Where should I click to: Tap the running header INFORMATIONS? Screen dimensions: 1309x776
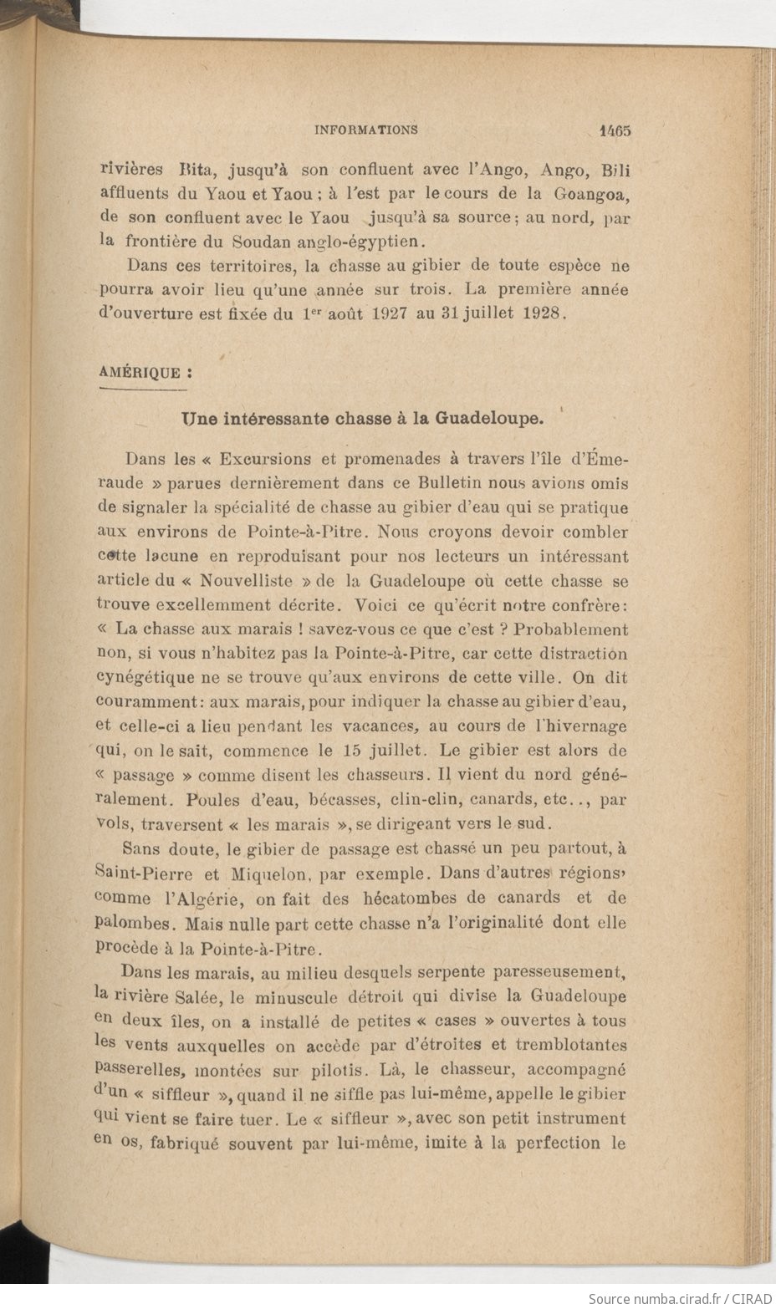pyautogui.click(x=365, y=130)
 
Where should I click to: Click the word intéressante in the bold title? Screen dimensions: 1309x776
pyautogui.click(x=258, y=417)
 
